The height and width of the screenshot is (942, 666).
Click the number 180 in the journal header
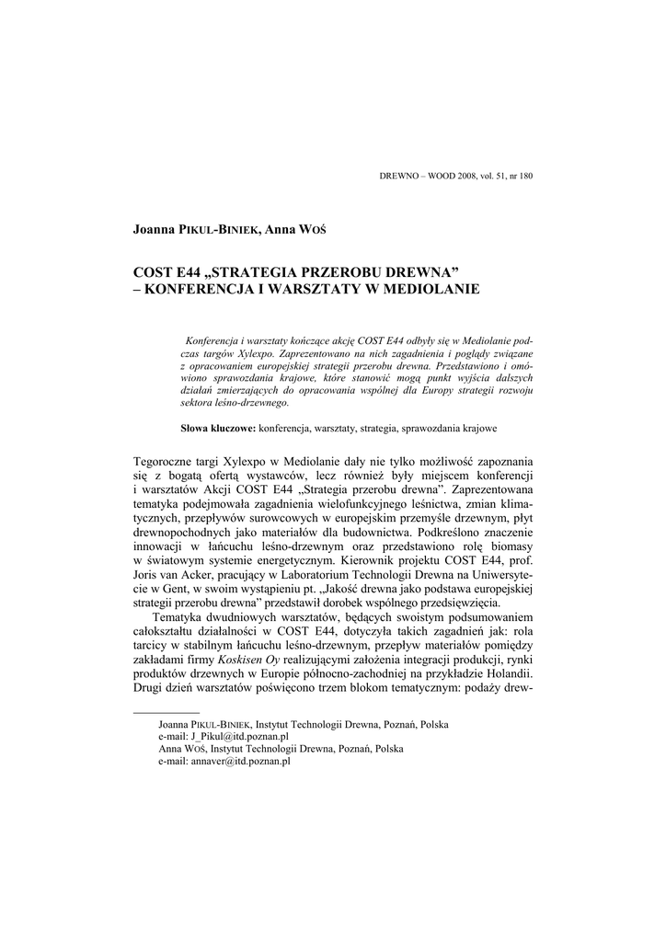click(x=525, y=176)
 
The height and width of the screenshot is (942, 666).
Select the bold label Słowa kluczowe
click(x=217, y=429)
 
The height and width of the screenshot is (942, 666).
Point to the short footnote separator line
click(x=166, y=712)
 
